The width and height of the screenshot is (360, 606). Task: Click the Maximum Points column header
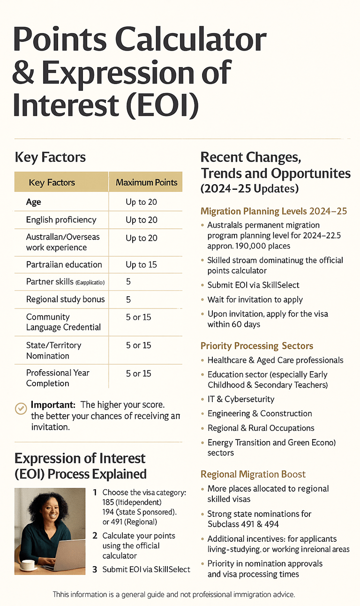pyautogui.click(x=146, y=182)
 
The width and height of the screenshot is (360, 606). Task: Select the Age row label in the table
pyautogui.click(x=34, y=202)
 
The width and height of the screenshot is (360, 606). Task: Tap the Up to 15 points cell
pyautogui.click(x=141, y=265)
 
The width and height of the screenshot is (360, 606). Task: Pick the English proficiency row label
pyautogui.click(x=61, y=220)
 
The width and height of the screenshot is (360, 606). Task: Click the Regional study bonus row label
pyautogui.click(x=65, y=299)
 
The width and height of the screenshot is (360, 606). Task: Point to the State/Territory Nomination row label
pyautogui.click(x=53, y=350)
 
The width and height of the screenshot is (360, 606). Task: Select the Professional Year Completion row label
pyautogui.click(x=57, y=378)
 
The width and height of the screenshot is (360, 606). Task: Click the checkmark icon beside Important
pyautogui.click(x=21, y=408)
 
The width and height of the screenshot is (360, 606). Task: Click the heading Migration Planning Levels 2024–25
pyautogui.click(x=273, y=211)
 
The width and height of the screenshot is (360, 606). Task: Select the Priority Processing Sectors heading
pyautogui.click(x=256, y=346)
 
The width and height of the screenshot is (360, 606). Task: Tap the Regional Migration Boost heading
pyautogui.click(x=253, y=474)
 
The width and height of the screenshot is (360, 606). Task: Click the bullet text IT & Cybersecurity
pyautogui.click(x=241, y=399)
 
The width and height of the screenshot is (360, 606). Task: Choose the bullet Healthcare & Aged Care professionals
pyautogui.click(x=275, y=360)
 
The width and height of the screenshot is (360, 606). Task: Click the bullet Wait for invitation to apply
pyautogui.click(x=255, y=299)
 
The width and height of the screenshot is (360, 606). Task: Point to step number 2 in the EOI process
pyautogui.click(x=95, y=536)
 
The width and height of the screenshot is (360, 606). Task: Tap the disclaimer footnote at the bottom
pyautogui.click(x=173, y=594)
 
